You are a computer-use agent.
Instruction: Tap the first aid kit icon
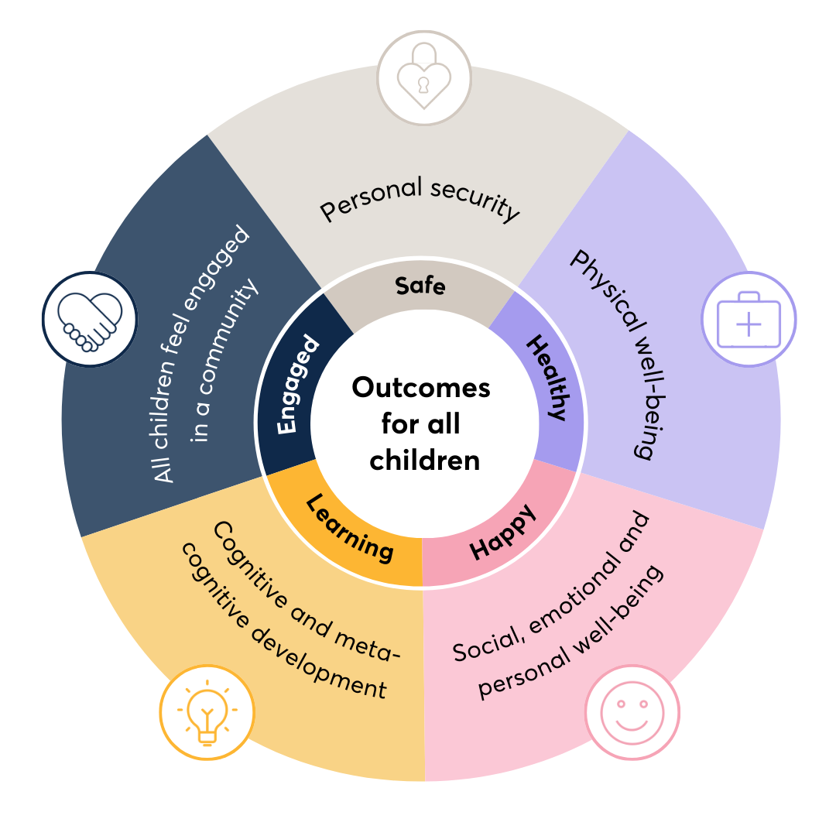[748, 319]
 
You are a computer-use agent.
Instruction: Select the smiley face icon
[632, 712]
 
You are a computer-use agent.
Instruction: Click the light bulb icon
[207, 712]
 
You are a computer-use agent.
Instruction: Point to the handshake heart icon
[89, 317]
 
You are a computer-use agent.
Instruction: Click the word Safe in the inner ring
[420, 286]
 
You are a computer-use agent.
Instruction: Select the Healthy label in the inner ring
[548, 376]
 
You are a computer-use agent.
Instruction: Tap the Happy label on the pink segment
[503, 533]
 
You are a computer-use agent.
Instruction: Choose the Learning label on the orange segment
[349, 528]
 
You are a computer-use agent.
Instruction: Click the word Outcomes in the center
[421, 387]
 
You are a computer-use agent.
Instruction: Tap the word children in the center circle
[424, 461]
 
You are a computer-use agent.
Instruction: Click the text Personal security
[420, 198]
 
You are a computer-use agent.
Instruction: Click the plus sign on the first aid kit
[748, 324]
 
